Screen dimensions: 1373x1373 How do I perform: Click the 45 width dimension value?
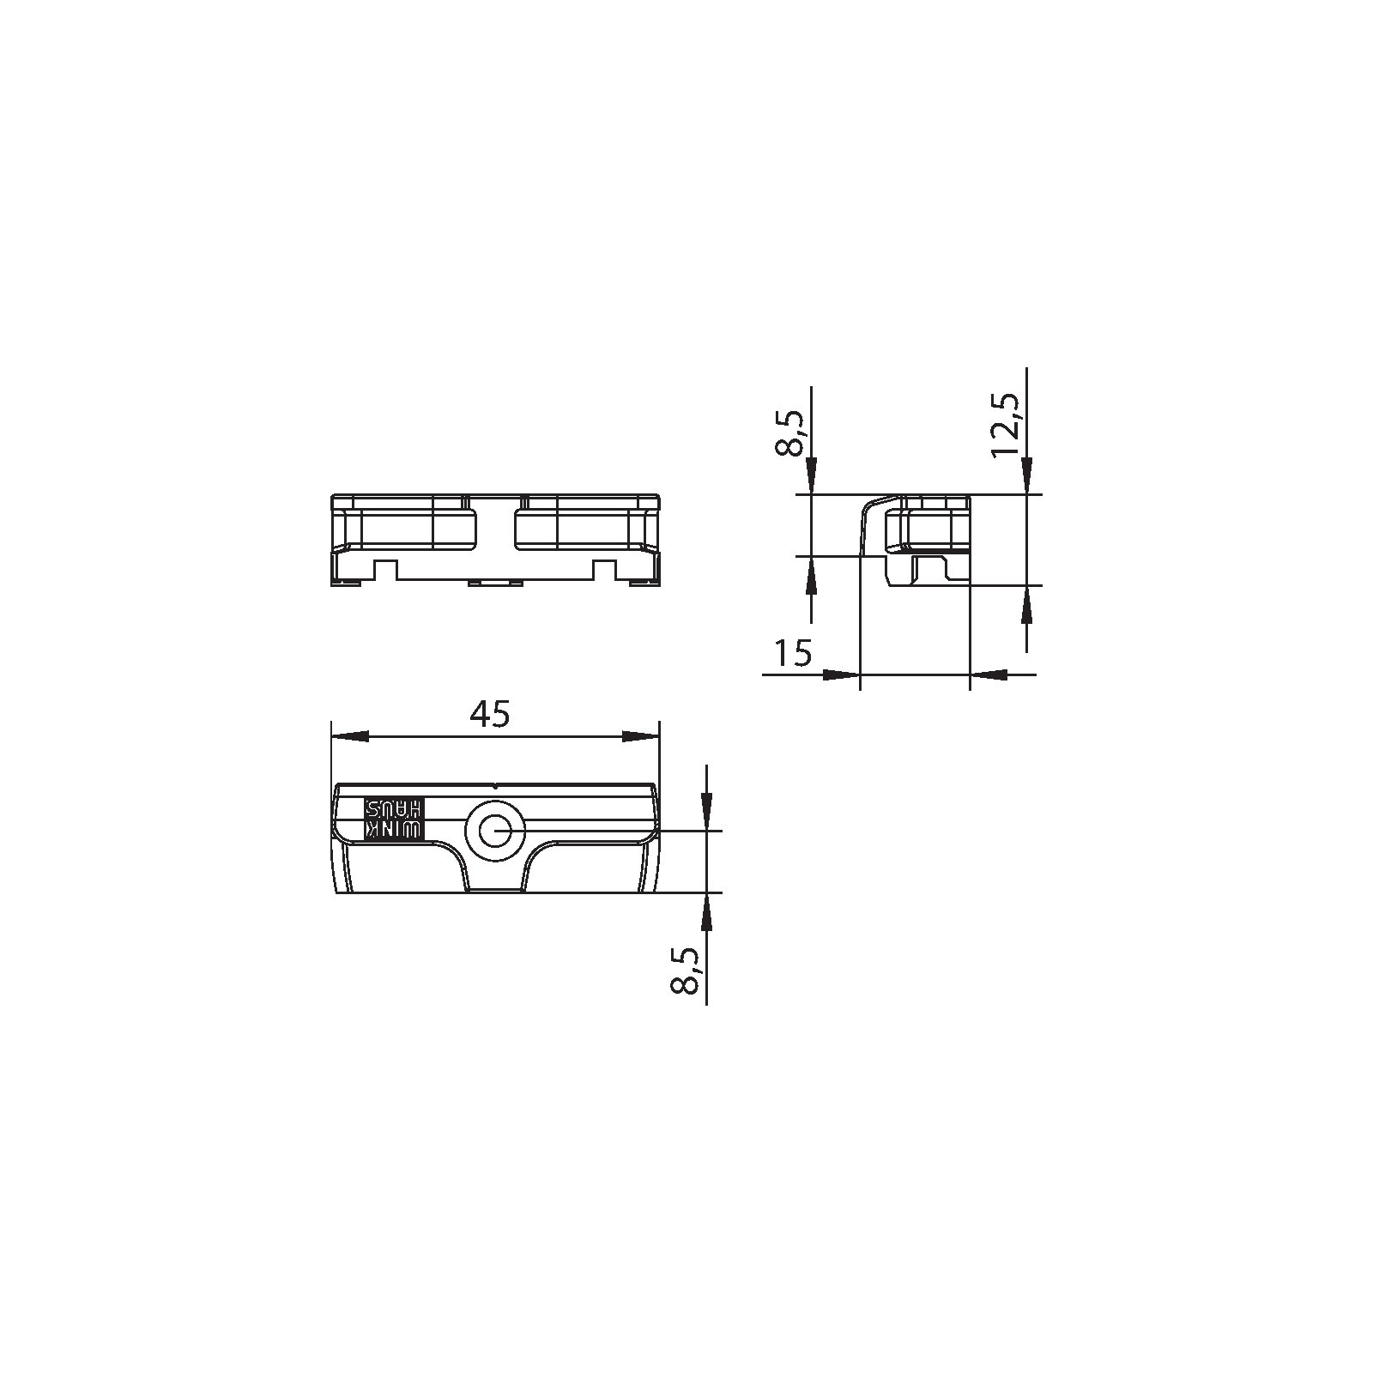click(x=491, y=713)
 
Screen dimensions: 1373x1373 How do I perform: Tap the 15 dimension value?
click(x=792, y=653)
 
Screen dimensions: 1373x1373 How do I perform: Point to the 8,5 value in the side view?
click(x=789, y=434)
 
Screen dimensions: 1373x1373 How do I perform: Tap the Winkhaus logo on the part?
click(x=394, y=819)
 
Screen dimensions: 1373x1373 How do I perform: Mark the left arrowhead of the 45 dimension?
click(x=350, y=737)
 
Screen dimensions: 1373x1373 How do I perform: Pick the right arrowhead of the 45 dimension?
click(x=640, y=737)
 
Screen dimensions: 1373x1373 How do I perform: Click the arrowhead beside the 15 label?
click(x=841, y=674)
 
